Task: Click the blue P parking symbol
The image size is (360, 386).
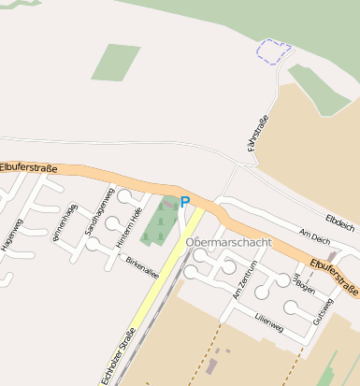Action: point(185,201)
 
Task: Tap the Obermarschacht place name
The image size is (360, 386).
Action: point(229,243)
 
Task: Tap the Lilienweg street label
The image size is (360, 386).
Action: point(269,320)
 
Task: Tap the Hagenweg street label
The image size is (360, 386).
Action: point(16,234)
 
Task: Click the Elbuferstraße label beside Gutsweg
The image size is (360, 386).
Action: point(334,276)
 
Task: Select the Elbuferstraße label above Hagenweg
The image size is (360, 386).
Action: point(28,166)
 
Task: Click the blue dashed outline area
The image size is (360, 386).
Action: point(273,51)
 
